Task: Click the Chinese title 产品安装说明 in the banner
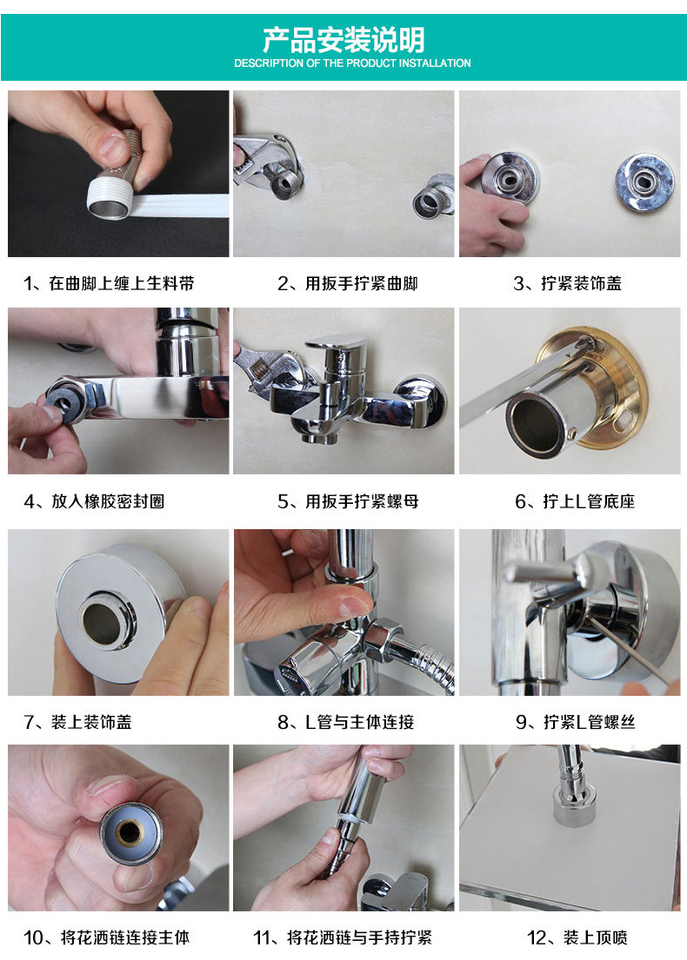pos(343,40)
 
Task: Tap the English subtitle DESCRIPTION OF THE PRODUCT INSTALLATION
pos(352,63)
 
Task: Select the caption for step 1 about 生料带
pos(109,283)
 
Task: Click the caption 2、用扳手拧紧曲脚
pos(348,283)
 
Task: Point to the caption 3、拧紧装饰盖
pos(568,283)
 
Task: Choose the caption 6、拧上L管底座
pos(575,501)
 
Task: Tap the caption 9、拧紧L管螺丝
pos(575,722)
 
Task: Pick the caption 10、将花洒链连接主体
pos(107,937)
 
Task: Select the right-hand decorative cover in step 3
pos(644,182)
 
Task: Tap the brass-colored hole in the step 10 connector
pos(129,832)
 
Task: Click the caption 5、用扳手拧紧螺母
pos(348,501)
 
